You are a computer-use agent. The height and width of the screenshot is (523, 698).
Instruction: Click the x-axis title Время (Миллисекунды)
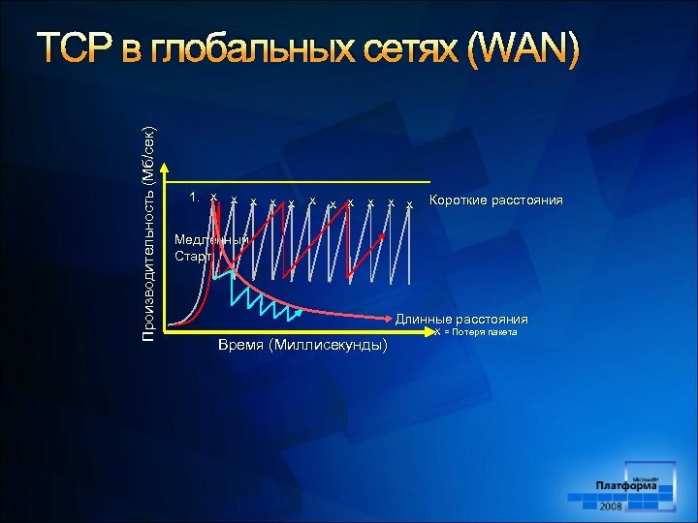coord(303,346)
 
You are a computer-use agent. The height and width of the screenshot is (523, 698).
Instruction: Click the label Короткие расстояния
coord(495,200)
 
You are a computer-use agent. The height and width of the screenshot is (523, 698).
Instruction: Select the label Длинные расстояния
coord(460,319)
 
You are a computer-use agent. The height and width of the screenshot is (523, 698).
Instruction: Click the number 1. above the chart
coord(197,198)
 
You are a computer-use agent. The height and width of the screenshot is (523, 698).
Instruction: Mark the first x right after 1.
coord(214,198)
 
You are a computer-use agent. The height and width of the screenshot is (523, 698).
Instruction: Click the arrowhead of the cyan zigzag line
coord(301,314)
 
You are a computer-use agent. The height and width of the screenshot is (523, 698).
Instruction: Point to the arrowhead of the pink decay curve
coord(394,315)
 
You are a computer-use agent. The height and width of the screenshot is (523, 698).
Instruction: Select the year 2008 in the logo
coord(611,506)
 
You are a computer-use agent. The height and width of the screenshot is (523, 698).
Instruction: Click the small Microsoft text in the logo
coord(646,477)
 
